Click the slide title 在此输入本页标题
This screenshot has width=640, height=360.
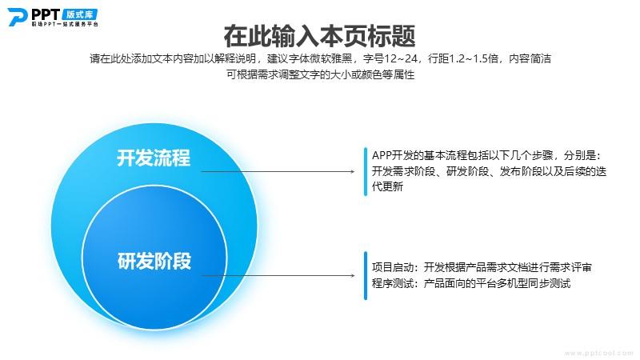pyautogui.click(x=319, y=36)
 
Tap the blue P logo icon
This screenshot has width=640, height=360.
pyautogui.click(x=17, y=18)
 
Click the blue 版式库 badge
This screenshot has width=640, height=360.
pyautogui.click(x=80, y=14)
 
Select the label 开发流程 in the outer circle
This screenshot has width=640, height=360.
pyautogui.click(x=154, y=158)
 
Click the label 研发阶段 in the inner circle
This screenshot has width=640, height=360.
pyautogui.click(x=154, y=261)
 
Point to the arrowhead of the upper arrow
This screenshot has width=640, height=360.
pyautogui.click(x=353, y=171)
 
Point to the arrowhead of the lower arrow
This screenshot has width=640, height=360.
pyautogui.click(x=353, y=275)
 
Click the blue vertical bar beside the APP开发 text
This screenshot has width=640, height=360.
pyautogui.click(x=366, y=171)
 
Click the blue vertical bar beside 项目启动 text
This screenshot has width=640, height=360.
pyautogui.click(x=366, y=275)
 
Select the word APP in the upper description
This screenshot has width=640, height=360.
pyautogui.click(x=382, y=155)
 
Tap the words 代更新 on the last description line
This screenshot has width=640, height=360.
pyautogui.click(x=387, y=186)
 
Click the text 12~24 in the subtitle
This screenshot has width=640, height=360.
pyautogui.click(x=401, y=58)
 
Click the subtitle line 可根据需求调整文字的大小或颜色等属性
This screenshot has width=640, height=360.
pyautogui.click(x=321, y=74)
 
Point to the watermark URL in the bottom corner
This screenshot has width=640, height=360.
pyautogui.click(x=598, y=353)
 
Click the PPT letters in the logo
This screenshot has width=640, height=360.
pyautogui.click(x=46, y=14)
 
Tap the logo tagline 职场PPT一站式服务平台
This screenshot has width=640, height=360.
pyautogui.click(x=65, y=24)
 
